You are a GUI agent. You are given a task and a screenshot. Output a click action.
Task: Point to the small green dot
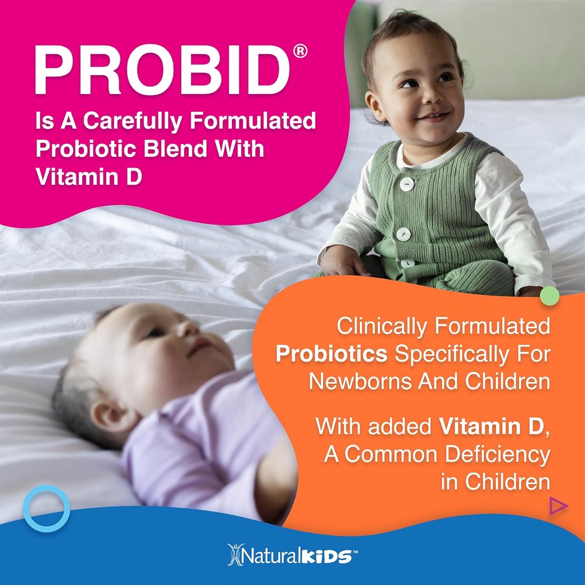[x=550, y=295]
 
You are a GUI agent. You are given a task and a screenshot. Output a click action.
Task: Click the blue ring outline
[x=46, y=508]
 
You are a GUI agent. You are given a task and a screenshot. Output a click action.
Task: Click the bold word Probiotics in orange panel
[x=331, y=354]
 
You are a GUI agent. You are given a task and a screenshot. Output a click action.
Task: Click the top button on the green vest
[x=406, y=184]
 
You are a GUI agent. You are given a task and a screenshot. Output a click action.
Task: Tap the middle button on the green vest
[x=404, y=234]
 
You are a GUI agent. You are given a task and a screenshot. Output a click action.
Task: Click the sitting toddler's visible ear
[x=374, y=106]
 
